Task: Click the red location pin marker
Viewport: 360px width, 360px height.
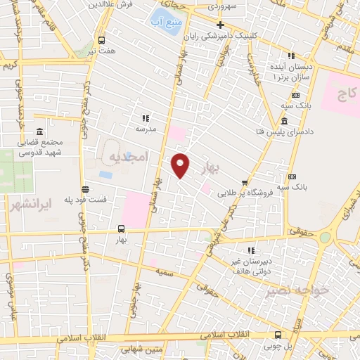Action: (x=181, y=165)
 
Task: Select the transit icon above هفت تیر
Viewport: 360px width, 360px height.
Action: (x=101, y=40)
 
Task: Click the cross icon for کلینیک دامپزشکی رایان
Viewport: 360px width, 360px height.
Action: (x=220, y=24)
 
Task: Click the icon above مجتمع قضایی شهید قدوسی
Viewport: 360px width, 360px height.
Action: (x=38, y=132)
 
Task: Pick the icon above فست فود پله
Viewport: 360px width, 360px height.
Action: (x=85, y=189)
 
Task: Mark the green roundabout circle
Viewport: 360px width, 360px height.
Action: (x=324, y=238)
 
